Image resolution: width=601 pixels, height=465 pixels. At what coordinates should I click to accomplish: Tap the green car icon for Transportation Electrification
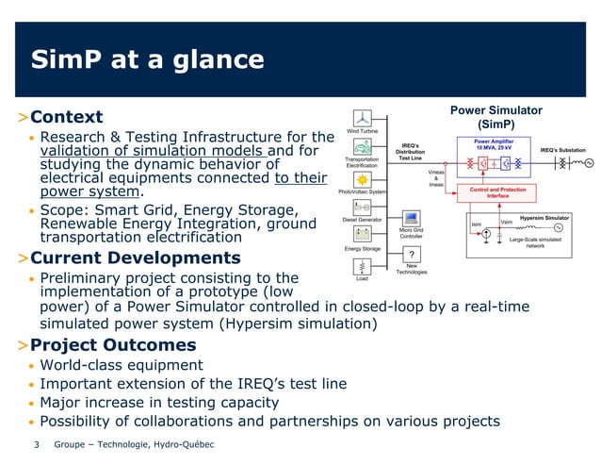(362, 147)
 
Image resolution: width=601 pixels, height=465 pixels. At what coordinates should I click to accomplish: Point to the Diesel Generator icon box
(362, 206)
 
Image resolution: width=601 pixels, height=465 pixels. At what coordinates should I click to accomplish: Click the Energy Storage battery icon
(362, 235)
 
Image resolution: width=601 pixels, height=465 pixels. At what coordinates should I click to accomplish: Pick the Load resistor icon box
(362, 264)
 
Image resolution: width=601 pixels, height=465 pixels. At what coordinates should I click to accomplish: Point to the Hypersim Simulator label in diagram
(544, 218)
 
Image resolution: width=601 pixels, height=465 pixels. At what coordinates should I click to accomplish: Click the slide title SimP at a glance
(148, 61)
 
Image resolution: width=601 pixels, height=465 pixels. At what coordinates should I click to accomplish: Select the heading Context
(66, 118)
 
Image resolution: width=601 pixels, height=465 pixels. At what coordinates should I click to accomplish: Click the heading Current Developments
(135, 257)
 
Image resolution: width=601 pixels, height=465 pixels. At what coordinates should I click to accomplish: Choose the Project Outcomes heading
(113, 344)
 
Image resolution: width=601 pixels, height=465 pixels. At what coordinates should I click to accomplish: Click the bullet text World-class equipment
(122, 365)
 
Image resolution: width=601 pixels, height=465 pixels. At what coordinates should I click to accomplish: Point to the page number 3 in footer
(36, 444)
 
